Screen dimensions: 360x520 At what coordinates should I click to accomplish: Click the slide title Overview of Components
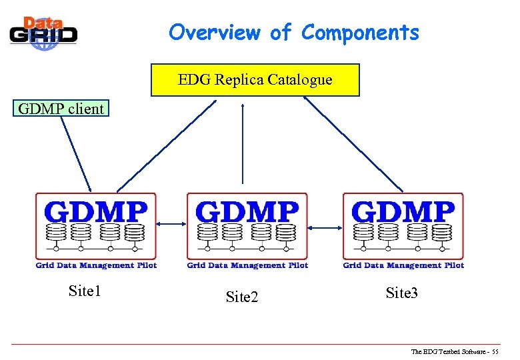(x=293, y=32)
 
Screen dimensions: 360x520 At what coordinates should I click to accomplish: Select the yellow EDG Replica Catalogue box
(x=255, y=80)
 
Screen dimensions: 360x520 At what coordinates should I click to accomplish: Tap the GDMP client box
(x=61, y=109)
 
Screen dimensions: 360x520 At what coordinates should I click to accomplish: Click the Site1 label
(x=85, y=291)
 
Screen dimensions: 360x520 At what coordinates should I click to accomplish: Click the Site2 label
(x=242, y=297)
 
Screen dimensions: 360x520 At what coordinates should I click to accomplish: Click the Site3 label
(x=402, y=293)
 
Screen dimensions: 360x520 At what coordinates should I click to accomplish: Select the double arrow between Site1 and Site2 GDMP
(x=172, y=225)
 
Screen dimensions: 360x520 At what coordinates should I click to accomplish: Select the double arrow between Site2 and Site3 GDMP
(x=325, y=228)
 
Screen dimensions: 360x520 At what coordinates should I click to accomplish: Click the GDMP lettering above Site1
(x=95, y=211)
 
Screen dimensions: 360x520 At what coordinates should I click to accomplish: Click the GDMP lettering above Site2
(x=247, y=211)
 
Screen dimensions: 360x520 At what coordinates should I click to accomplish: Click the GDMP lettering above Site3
(x=403, y=211)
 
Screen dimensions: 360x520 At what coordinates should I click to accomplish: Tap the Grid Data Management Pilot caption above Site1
(x=96, y=265)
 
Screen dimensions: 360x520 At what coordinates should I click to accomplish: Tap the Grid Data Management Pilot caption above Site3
(x=403, y=265)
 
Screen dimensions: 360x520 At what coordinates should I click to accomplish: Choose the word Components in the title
(x=361, y=32)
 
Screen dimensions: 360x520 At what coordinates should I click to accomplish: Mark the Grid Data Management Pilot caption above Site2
(x=247, y=265)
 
